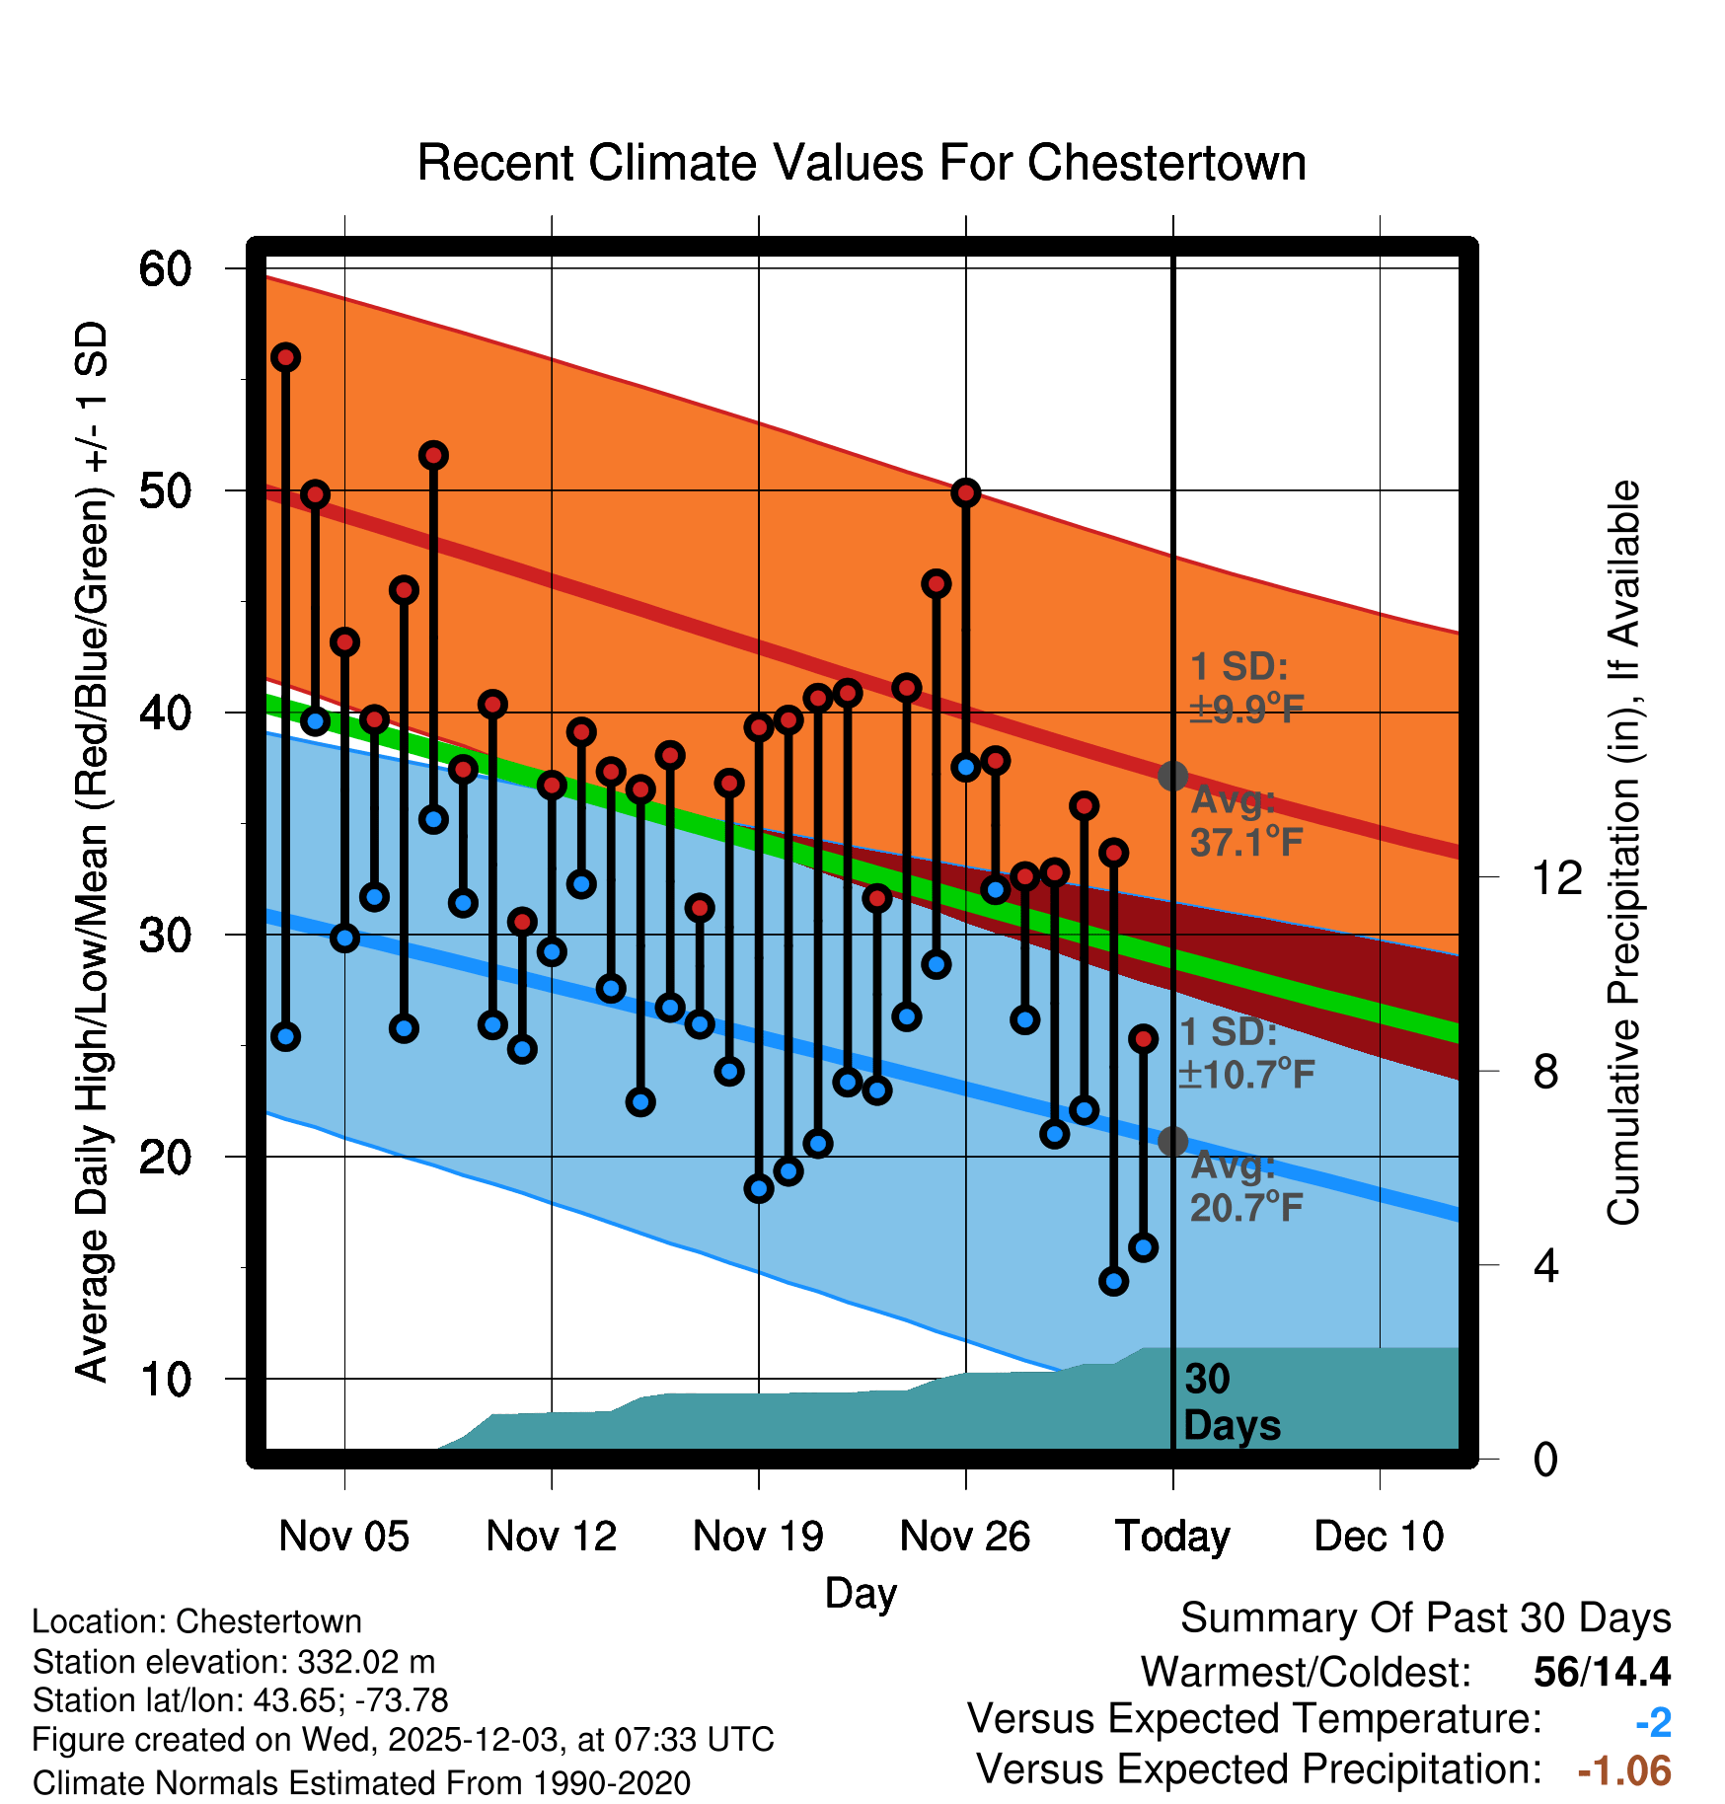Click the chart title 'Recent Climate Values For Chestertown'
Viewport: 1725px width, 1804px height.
(x=862, y=163)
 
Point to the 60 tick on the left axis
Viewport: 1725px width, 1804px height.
(x=165, y=269)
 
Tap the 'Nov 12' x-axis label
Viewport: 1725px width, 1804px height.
(x=551, y=1536)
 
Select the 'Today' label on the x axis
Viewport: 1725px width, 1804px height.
(x=1172, y=1536)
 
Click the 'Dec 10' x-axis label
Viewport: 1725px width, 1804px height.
(x=1379, y=1536)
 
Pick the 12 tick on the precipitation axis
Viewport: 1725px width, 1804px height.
(x=1556, y=877)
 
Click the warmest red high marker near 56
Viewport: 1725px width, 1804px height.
(x=286, y=357)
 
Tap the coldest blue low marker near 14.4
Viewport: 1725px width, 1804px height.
(x=1114, y=1281)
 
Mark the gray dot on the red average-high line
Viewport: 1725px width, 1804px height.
(x=1172, y=777)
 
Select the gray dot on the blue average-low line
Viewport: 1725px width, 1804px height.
(x=1172, y=1142)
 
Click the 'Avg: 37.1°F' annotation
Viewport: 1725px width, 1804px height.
(x=1245, y=821)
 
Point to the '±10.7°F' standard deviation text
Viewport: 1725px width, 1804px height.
(x=1246, y=1074)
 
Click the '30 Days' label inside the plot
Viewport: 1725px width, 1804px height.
(x=1231, y=1402)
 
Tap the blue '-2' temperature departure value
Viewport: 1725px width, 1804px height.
(x=1653, y=1723)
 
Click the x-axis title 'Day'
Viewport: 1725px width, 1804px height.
(x=861, y=1593)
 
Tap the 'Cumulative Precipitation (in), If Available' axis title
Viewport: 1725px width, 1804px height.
(x=1623, y=853)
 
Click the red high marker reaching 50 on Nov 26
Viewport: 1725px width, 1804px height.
(x=966, y=492)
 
